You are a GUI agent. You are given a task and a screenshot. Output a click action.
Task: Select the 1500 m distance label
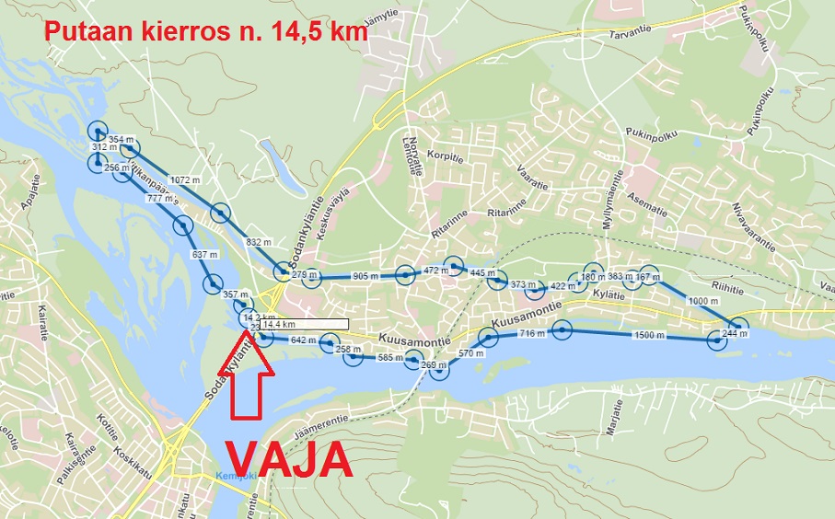tap(649, 336)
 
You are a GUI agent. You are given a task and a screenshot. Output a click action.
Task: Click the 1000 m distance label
tap(702, 301)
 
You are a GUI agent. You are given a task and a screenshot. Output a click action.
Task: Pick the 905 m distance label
tap(365, 275)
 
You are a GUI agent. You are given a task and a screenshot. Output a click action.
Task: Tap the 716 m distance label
tap(533, 333)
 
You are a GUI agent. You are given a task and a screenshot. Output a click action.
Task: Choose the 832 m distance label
tap(260, 242)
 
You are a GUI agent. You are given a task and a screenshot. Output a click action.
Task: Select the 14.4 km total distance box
tap(304, 324)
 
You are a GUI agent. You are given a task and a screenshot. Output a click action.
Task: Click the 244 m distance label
tap(736, 332)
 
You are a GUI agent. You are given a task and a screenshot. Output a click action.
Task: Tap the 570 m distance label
tap(471, 353)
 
